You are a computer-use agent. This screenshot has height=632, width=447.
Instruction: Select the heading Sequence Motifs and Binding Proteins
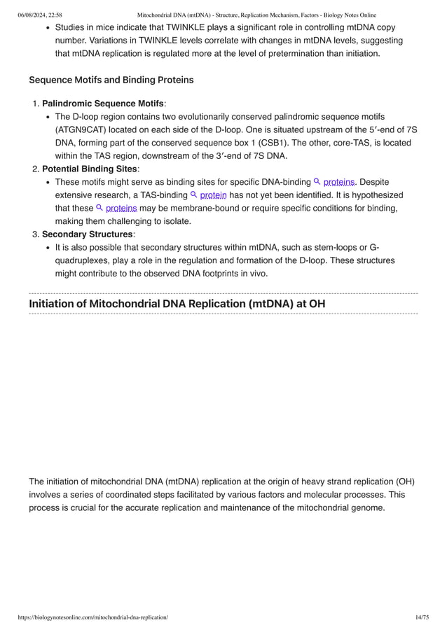tap(111, 80)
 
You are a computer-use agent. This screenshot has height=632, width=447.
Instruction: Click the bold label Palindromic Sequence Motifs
tap(102, 104)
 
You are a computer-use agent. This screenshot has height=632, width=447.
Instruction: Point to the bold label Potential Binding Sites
tap(90, 169)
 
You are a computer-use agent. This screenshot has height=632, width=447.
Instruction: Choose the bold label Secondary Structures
tap(87, 234)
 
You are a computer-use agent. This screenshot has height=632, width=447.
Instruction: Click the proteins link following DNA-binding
tap(339, 182)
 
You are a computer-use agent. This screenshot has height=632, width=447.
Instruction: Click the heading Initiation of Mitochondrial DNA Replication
tap(177, 303)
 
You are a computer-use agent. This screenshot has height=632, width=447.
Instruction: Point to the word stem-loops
tap(315, 247)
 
